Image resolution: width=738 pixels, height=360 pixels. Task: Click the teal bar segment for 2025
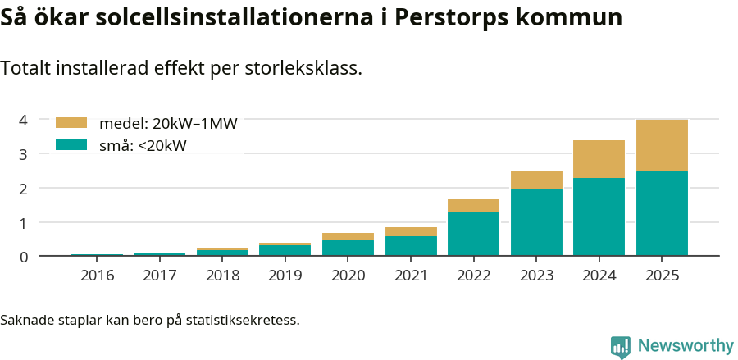coord(662,213)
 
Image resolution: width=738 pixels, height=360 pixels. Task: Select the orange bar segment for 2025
coord(662,145)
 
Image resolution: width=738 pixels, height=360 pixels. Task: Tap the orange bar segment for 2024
coord(599,159)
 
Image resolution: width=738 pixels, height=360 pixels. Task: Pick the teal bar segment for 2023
coord(536,222)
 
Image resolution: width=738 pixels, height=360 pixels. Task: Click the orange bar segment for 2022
coord(473,205)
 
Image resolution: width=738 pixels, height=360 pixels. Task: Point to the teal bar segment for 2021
coord(411,246)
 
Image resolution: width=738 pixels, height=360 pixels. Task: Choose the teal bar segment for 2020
coord(348,248)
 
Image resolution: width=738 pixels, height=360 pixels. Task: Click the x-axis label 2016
coord(98,275)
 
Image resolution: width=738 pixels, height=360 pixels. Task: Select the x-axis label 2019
coord(285,275)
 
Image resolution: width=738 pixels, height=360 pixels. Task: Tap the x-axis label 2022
coord(473,275)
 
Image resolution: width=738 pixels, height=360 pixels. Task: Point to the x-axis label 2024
coord(599,275)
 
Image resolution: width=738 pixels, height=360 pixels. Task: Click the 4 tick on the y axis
coord(24,120)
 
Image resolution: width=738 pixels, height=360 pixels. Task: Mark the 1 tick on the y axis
coord(24,222)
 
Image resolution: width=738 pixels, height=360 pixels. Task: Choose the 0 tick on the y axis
coord(24,257)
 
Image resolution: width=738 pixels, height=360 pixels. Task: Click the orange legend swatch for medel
coord(71,123)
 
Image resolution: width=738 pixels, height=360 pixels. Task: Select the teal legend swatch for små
coord(71,145)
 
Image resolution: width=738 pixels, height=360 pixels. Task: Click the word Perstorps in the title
coord(447,18)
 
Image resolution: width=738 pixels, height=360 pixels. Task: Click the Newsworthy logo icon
coord(621,346)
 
